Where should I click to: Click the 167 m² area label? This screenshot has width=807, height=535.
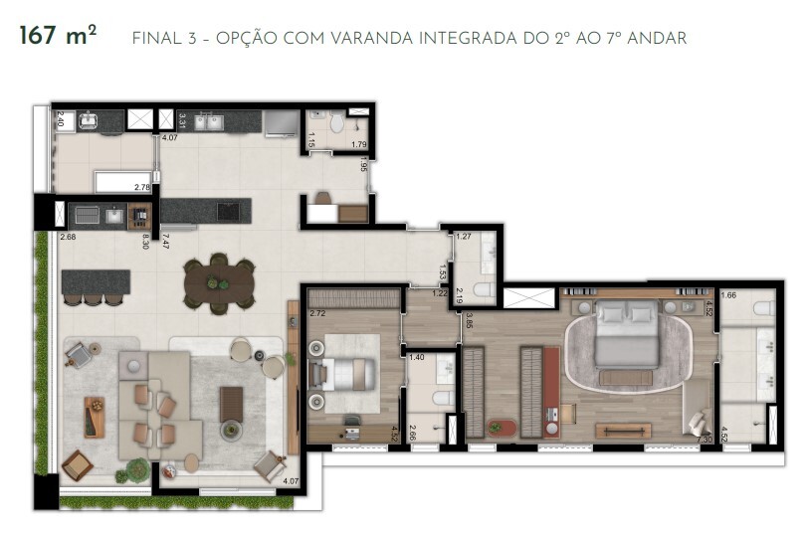pos(58,37)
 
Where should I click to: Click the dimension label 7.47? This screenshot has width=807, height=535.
pos(165,239)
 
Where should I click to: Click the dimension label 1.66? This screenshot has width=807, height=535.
pos(728,295)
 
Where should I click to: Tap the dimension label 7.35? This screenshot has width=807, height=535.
pos(705,438)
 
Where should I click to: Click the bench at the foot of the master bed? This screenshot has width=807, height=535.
pos(623,430)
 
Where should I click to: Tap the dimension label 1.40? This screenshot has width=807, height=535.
pos(417,356)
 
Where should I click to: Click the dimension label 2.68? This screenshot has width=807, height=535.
pos(68,237)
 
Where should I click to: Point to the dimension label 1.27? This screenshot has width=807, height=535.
pos(463,237)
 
